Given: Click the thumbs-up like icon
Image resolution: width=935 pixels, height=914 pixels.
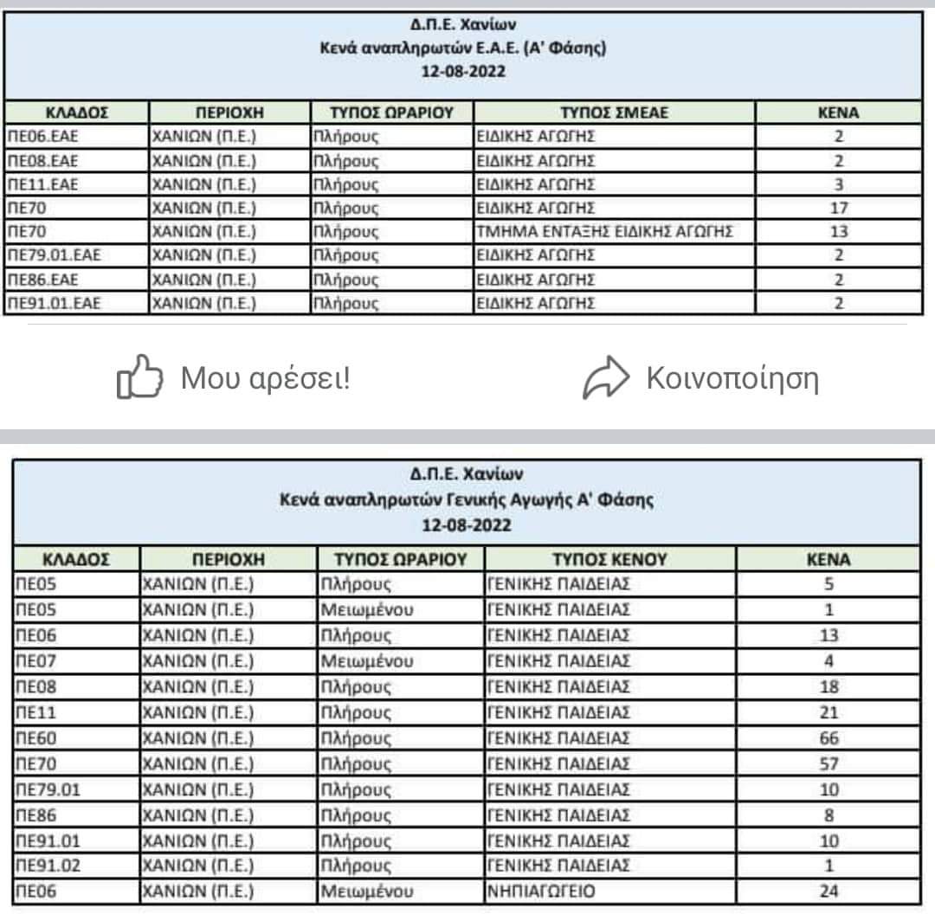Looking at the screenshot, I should pyautogui.click(x=139, y=378).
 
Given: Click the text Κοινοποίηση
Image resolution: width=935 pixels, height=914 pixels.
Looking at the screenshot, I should pyautogui.click(x=732, y=378).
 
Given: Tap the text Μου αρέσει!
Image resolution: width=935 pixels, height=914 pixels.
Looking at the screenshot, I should pyautogui.click(x=265, y=378).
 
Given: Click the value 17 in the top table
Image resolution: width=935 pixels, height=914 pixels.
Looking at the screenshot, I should pyautogui.click(x=839, y=208).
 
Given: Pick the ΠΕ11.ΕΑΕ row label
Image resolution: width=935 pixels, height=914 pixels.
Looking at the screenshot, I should pyautogui.click(x=42, y=183).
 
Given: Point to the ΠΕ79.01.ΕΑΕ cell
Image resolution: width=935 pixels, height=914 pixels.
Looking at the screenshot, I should pyautogui.click(x=53, y=255).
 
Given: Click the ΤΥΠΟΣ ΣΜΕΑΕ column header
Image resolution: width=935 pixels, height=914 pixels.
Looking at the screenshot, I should pyautogui.click(x=615, y=113).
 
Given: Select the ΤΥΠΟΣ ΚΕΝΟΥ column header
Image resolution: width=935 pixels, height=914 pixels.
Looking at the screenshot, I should pyautogui.click(x=610, y=559).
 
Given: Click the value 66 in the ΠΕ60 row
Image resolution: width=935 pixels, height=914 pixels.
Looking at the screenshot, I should pyautogui.click(x=829, y=738).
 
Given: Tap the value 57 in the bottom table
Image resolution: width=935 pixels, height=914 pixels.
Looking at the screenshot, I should pyautogui.click(x=829, y=764).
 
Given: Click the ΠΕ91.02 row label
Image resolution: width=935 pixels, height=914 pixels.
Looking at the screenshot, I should pyautogui.click(x=43, y=866).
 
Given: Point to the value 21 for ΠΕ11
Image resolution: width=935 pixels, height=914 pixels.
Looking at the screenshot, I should pyautogui.click(x=829, y=712).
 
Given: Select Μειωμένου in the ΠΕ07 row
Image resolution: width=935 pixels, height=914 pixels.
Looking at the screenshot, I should pyautogui.click(x=367, y=661).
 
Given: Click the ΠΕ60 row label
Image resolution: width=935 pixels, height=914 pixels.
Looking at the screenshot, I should pyautogui.click(x=35, y=738).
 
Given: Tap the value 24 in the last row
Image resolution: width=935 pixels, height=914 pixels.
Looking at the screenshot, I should pyautogui.click(x=829, y=891).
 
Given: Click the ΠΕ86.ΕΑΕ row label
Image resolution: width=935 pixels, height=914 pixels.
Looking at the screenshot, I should pyautogui.click(x=42, y=279).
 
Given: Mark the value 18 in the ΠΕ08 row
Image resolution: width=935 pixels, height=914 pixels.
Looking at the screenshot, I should pyautogui.click(x=829, y=687).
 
